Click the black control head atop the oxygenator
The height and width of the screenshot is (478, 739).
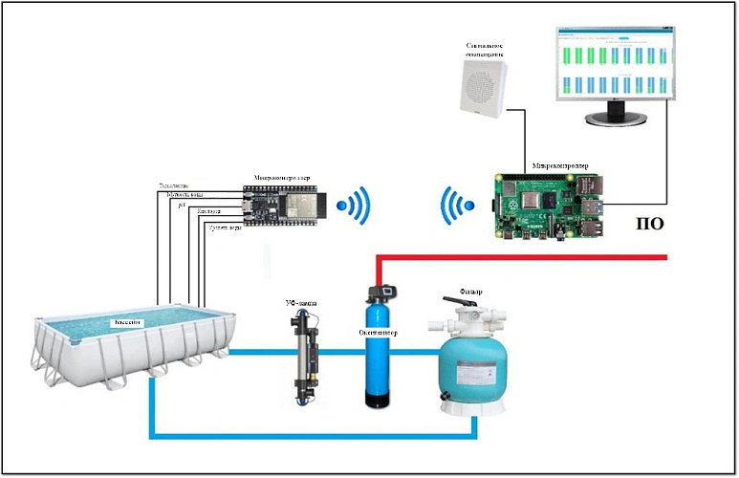tap(381, 288)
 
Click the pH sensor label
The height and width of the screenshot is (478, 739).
tap(181, 205)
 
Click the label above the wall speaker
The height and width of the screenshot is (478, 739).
tap(484, 49)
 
